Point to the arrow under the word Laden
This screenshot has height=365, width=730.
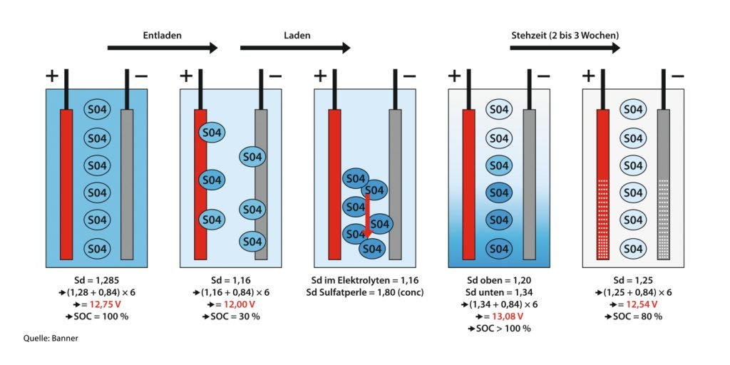tap(295, 48)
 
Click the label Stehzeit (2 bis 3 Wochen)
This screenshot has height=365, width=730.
tap(565, 35)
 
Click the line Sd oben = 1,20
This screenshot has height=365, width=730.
tap(498, 281)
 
